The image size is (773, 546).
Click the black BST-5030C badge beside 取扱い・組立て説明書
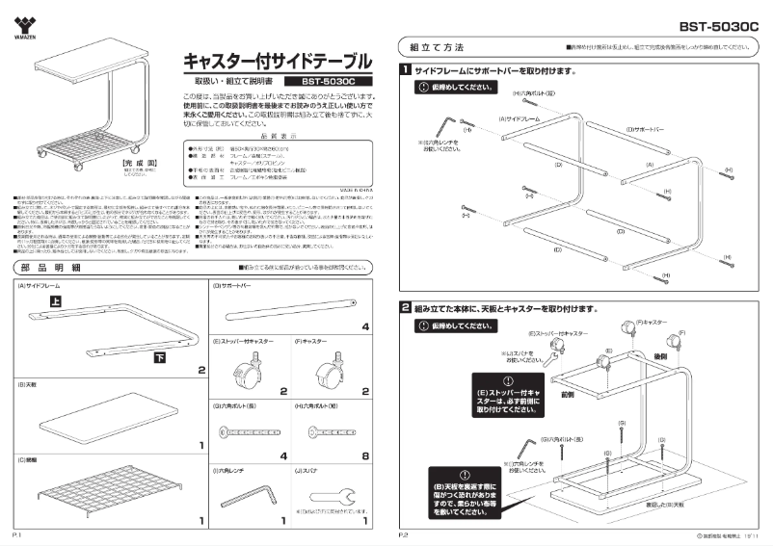(330, 82)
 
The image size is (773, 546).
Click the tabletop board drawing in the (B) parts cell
(96, 421)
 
